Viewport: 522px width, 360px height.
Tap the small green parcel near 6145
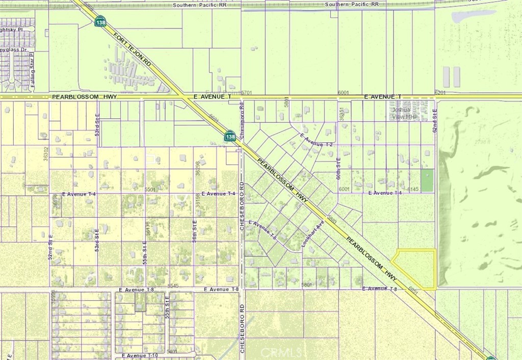pyautogui.click(x=427, y=181)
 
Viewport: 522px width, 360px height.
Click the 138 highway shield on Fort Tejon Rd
pyautogui.click(x=100, y=21)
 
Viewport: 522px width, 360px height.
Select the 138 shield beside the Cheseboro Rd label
pyautogui.click(x=230, y=136)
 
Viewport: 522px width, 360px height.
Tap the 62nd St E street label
pyautogui.click(x=435, y=120)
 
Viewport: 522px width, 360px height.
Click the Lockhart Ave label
pyautogui.click(x=312, y=234)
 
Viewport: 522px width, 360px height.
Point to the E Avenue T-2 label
pyautogui.click(x=316, y=140)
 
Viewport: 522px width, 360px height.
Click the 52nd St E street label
pyautogui.click(x=50, y=247)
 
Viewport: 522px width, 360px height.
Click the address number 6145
pyautogui.click(x=412, y=189)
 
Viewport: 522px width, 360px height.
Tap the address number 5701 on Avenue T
pyautogui.click(x=247, y=92)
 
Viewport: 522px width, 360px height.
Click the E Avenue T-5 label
pyautogui.click(x=262, y=230)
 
